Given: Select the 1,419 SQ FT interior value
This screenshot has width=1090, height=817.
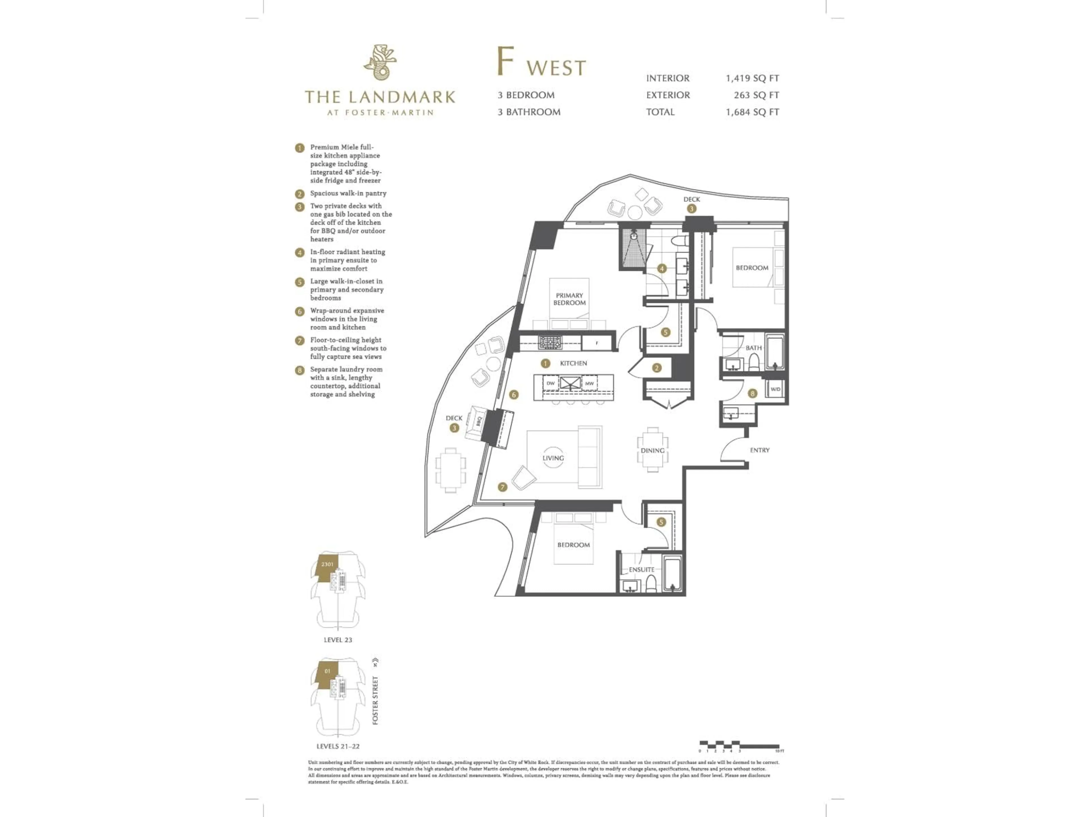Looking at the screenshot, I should coord(752,78).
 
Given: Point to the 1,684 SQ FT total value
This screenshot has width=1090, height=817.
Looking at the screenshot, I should coord(752,112).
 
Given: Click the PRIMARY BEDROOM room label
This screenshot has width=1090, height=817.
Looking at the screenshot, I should coord(569,299).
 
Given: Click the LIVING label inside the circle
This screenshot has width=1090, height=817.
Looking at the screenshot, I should coord(553,458).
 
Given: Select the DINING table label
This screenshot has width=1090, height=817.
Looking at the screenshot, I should coord(652,450).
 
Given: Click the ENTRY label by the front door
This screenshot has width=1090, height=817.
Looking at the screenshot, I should coord(759,450).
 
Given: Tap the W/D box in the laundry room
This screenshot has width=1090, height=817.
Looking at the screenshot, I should coord(775,389).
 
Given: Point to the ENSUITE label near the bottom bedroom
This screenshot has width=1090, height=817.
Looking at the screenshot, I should coord(641,570).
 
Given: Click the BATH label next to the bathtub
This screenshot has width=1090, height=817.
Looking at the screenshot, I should coord(753,348).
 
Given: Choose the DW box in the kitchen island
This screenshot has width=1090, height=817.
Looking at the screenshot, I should coord(550,383).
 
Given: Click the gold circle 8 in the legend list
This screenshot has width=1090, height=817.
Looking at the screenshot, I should coord(299,370).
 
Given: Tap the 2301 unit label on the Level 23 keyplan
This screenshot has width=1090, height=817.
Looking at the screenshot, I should coord(327,564).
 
